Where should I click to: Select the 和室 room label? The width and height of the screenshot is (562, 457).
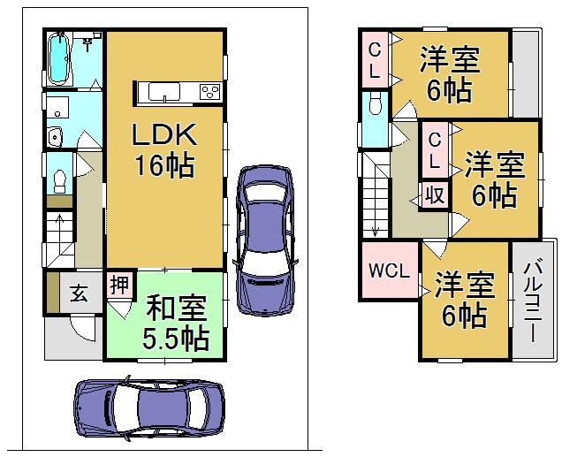176,311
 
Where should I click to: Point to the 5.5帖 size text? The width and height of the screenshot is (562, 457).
176,338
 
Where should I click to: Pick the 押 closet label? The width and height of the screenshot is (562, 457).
118,285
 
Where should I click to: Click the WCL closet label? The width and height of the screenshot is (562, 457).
389,271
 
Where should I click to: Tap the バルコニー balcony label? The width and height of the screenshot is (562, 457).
533,301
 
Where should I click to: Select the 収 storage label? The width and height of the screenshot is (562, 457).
437,194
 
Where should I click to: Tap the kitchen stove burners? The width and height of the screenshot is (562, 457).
211,92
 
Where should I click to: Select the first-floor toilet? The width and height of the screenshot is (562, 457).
58,179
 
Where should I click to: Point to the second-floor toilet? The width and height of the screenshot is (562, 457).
374,105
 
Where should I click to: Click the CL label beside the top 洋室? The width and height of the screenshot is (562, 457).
375,58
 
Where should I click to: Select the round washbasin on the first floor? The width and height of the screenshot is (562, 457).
55,137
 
